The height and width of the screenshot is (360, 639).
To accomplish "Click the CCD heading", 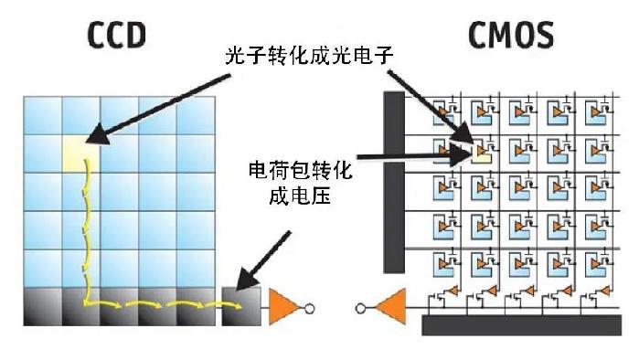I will [x=116, y=35].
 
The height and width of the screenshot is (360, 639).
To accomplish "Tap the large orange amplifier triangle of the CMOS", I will [x=391, y=308].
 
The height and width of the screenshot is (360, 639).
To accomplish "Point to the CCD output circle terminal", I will [x=311, y=309].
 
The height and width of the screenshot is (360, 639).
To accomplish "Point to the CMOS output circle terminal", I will [x=361, y=308].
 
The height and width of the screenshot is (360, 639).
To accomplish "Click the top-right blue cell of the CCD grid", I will [x=196, y=113].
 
